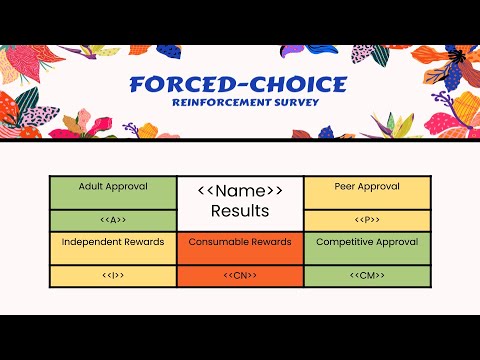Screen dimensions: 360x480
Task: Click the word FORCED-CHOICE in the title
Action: pyautogui.click(x=239, y=87)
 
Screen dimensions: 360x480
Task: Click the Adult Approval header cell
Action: pyautogui.click(x=113, y=192)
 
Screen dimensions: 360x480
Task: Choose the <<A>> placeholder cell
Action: pyautogui.click(x=113, y=220)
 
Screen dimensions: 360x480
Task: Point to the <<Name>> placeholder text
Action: pyautogui.click(x=240, y=190)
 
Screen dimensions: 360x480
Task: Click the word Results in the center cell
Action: pyautogui.click(x=240, y=211)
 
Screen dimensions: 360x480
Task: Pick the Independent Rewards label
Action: pyautogui.click(x=113, y=242)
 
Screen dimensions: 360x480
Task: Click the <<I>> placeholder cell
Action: pyautogui.click(x=113, y=275)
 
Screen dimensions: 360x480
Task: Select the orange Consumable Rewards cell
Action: pyautogui.click(x=240, y=248)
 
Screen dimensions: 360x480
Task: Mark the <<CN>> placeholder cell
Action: pyautogui.click(x=240, y=275)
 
